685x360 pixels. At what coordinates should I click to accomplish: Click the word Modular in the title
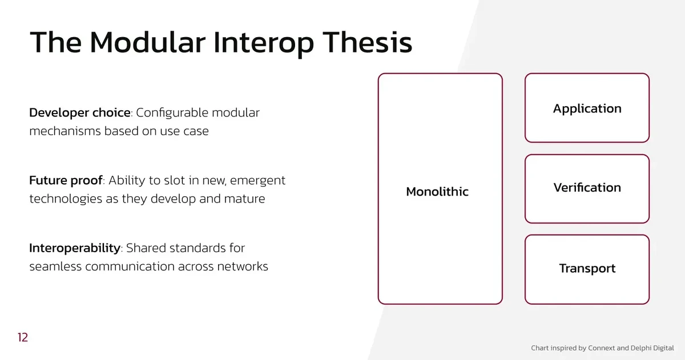click(147, 42)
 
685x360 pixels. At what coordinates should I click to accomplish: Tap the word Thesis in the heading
click(367, 42)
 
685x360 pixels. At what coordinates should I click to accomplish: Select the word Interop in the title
click(264, 45)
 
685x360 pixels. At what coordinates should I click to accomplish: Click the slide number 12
click(23, 337)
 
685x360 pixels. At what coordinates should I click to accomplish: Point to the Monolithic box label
click(437, 192)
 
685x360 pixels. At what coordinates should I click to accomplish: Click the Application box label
click(587, 109)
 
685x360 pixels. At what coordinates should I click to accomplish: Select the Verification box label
click(587, 188)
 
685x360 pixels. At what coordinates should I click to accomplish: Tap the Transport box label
click(587, 269)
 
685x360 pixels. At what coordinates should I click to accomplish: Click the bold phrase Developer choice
click(80, 113)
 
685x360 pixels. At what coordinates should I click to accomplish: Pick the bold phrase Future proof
click(66, 181)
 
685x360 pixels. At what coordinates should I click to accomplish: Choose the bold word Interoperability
click(75, 248)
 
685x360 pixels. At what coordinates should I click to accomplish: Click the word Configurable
click(172, 113)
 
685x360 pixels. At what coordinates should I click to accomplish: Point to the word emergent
click(257, 181)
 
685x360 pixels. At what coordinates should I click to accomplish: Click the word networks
click(243, 266)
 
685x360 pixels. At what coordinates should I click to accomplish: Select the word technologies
click(66, 199)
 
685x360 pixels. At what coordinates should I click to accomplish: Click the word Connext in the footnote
click(601, 348)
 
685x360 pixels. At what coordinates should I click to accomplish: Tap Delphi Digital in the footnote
click(652, 349)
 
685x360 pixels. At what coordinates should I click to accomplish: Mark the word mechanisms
click(65, 131)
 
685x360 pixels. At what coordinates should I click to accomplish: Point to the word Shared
click(146, 248)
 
